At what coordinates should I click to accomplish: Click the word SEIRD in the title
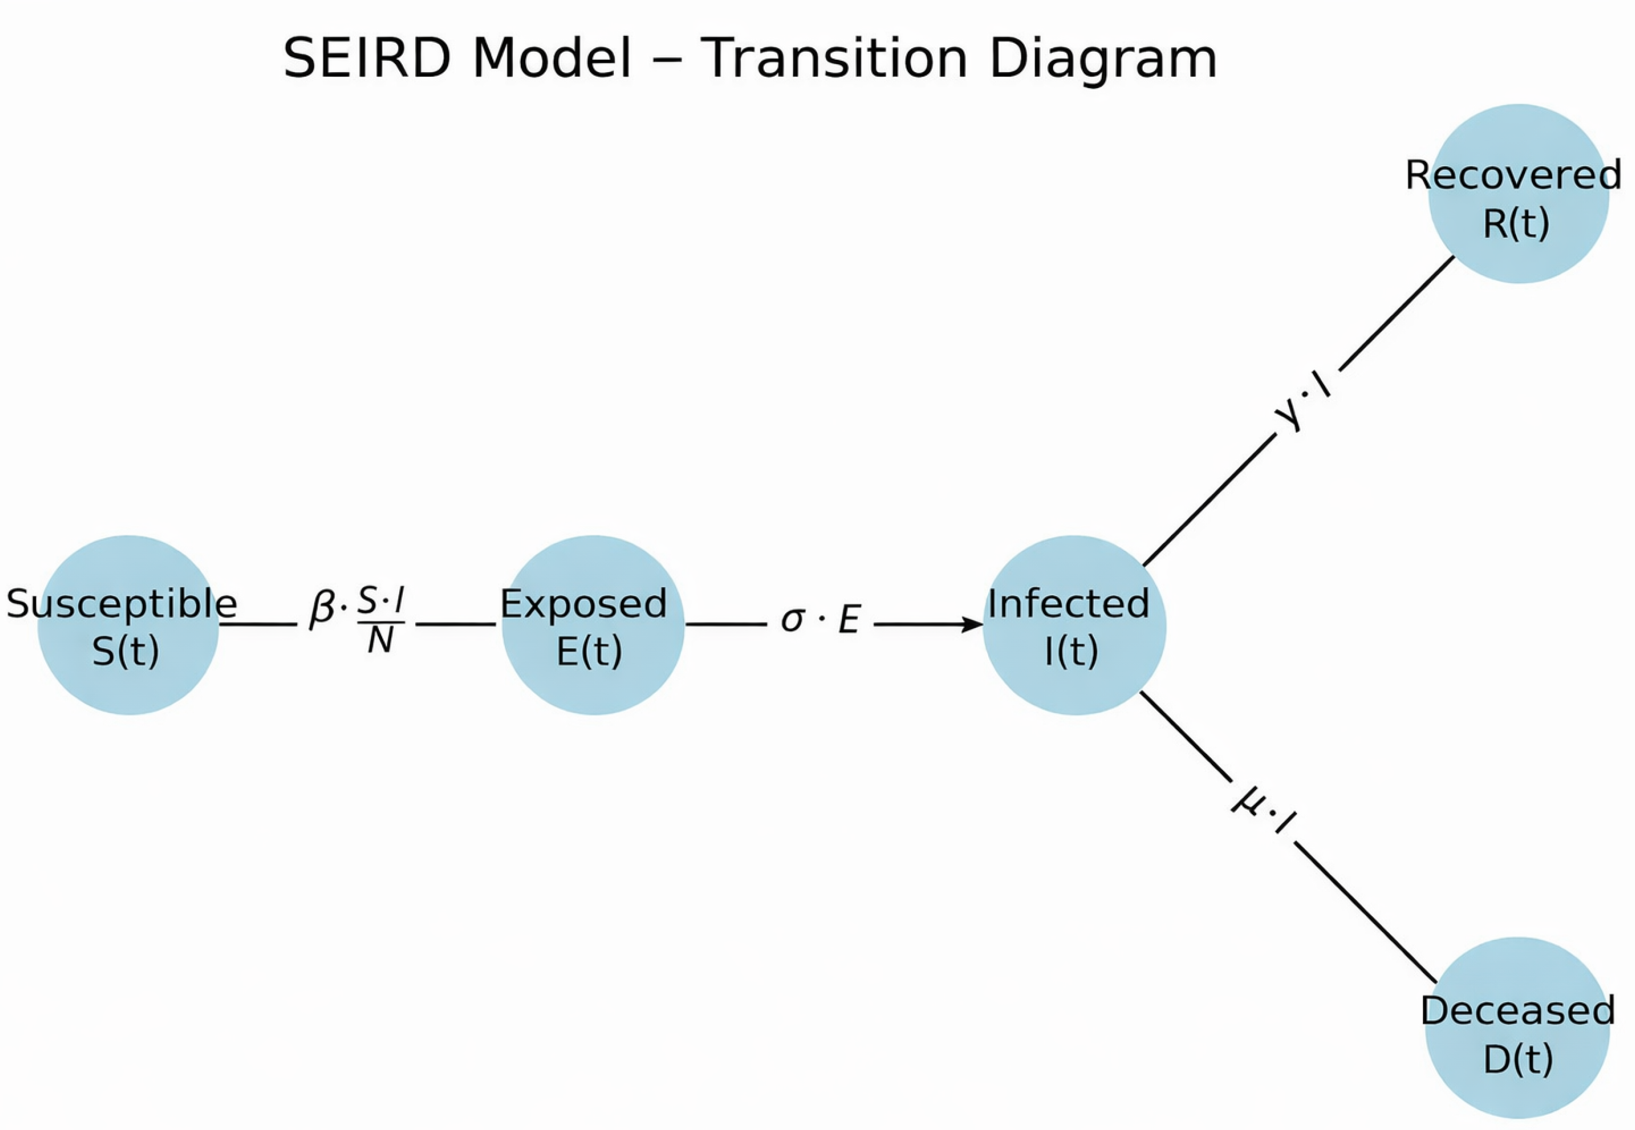coord(366,58)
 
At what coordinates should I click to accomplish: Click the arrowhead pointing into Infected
coord(972,624)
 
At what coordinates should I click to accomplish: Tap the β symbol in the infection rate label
coord(322,609)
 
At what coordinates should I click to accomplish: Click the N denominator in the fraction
coord(380,641)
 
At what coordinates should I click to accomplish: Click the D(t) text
coord(1518,1059)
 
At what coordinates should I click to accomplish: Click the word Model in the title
coord(551,58)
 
